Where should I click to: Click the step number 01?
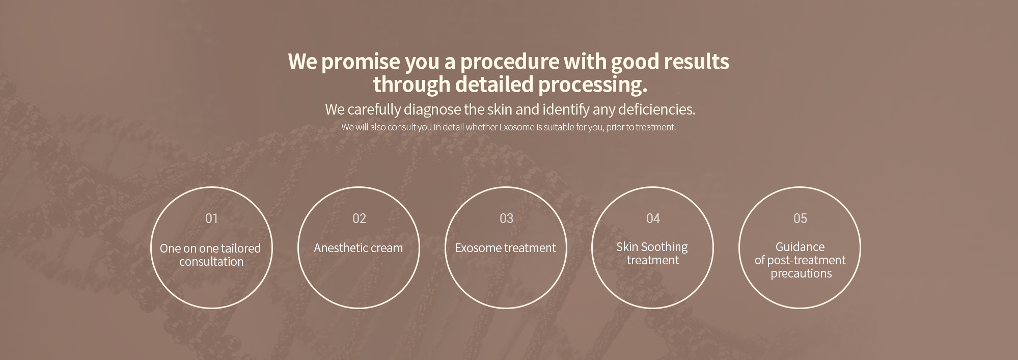tap(211, 218)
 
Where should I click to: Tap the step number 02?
tap(359, 218)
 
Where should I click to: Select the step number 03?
tap(506, 218)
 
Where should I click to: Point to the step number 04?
tap(653, 218)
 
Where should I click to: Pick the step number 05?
tap(800, 218)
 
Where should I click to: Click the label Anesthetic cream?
tap(359, 248)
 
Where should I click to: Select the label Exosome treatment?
tap(505, 248)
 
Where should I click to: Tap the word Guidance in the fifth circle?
tap(800, 247)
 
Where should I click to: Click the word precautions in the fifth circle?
tap(801, 274)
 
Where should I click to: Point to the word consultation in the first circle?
tap(211, 262)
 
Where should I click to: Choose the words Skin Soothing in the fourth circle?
tap(652, 247)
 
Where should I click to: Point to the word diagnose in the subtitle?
tap(432, 110)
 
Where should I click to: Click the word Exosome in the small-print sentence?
tap(516, 127)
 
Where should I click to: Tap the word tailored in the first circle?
tap(240, 248)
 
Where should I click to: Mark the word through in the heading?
tap(412, 85)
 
